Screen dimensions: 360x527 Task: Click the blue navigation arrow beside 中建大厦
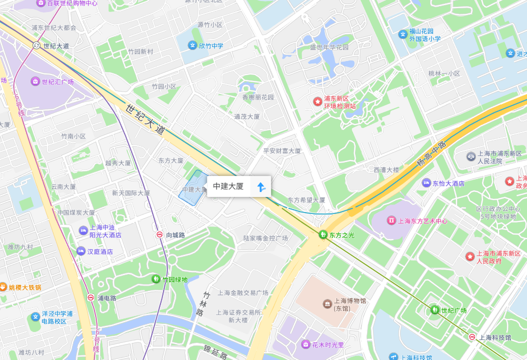260,187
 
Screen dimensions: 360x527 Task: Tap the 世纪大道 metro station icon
36,45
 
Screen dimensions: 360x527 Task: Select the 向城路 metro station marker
159,234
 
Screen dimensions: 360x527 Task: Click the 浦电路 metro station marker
90,297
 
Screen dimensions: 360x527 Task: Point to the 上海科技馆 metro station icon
471,337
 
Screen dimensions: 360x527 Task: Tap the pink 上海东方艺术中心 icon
391,220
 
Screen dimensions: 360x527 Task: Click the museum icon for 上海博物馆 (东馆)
327,304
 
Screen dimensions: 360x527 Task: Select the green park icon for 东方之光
323,234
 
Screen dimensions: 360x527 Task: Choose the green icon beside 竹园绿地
156,279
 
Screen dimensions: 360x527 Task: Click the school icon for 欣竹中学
192,45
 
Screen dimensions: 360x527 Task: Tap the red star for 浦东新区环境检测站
317,101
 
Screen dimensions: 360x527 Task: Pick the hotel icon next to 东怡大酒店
426,183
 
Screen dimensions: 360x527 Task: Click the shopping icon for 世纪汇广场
35,81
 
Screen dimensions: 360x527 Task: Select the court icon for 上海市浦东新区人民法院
471,156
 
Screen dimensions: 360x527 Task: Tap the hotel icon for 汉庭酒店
81,251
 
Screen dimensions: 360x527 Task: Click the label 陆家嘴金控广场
265,238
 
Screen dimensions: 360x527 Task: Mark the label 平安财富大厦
282,150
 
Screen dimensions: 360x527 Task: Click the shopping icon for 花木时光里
305,344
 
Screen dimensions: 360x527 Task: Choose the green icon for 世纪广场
434,310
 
